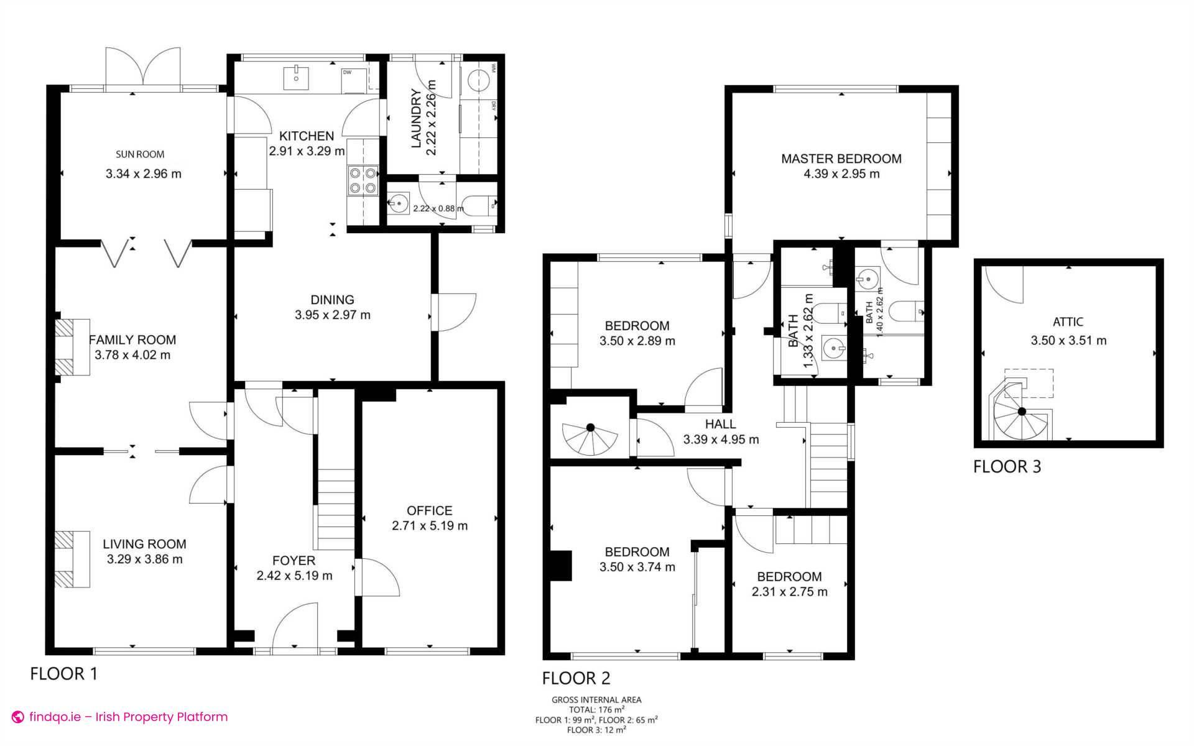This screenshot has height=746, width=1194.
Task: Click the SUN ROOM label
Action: click(x=140, y=154)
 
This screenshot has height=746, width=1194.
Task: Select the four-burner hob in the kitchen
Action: click(x=363, y=180)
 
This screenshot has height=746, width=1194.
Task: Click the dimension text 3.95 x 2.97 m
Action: click(x=332, y=315)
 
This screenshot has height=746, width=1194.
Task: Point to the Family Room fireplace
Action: click(x=72, y=347)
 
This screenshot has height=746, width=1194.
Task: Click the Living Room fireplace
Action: click(x=72, y=559)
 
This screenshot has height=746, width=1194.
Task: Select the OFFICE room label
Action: click(x=429, y=510)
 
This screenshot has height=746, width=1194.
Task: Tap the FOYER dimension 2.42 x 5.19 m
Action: click(x=294, y=576)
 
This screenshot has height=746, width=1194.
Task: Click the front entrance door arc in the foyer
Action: click(x=296, y=625)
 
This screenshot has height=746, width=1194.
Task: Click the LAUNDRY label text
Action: click(x=416, y=119)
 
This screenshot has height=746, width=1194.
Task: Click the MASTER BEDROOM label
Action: click(x=841, y=159)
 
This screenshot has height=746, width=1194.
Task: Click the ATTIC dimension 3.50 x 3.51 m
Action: click(x=1068, y=340)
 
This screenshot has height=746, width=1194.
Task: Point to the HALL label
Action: click(x=720, y=424)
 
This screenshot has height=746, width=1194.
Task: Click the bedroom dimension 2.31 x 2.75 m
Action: click(x=789, y=592)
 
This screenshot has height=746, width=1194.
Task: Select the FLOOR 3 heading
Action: click(x=1006, y=466)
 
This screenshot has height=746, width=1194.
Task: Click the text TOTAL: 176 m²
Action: click(x=596, y=709)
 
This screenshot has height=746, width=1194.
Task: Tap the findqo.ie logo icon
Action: click(x=18, y=717)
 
